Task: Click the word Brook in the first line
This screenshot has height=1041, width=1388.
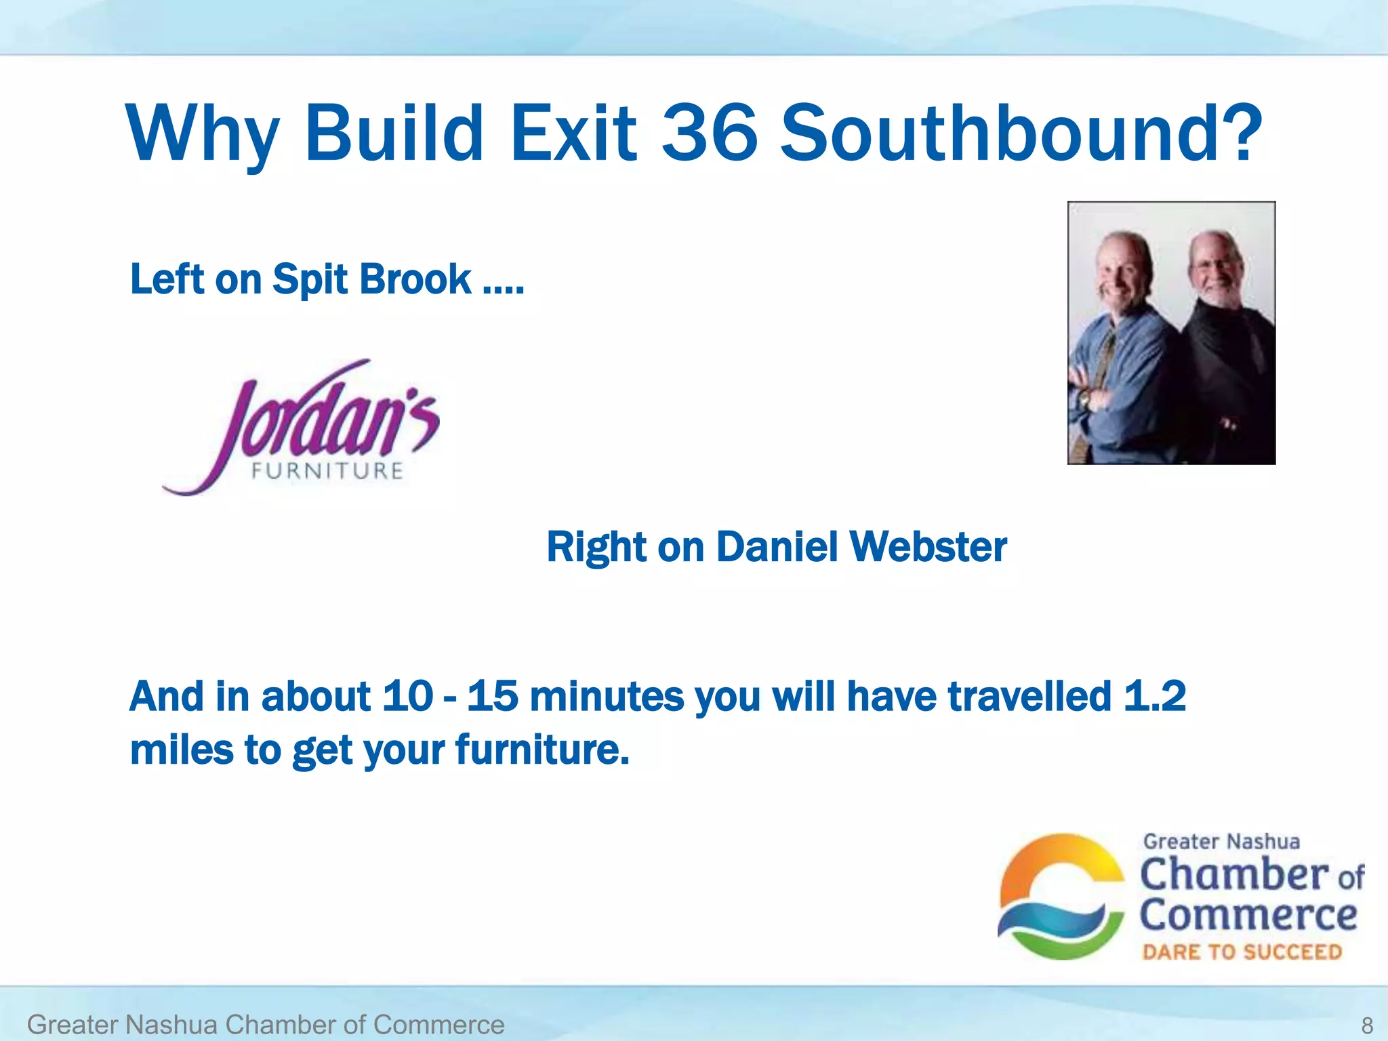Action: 415,279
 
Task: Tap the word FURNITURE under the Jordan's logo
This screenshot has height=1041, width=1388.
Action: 327,471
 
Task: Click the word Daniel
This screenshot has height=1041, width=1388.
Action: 777,547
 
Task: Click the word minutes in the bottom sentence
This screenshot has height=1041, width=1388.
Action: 607,697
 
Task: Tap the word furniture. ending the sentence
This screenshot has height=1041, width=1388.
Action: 542,750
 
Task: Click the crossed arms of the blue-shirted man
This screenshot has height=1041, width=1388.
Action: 1098,393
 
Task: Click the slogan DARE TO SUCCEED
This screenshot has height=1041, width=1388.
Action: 1242,952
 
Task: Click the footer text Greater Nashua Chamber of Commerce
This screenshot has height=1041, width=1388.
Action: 266,1025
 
